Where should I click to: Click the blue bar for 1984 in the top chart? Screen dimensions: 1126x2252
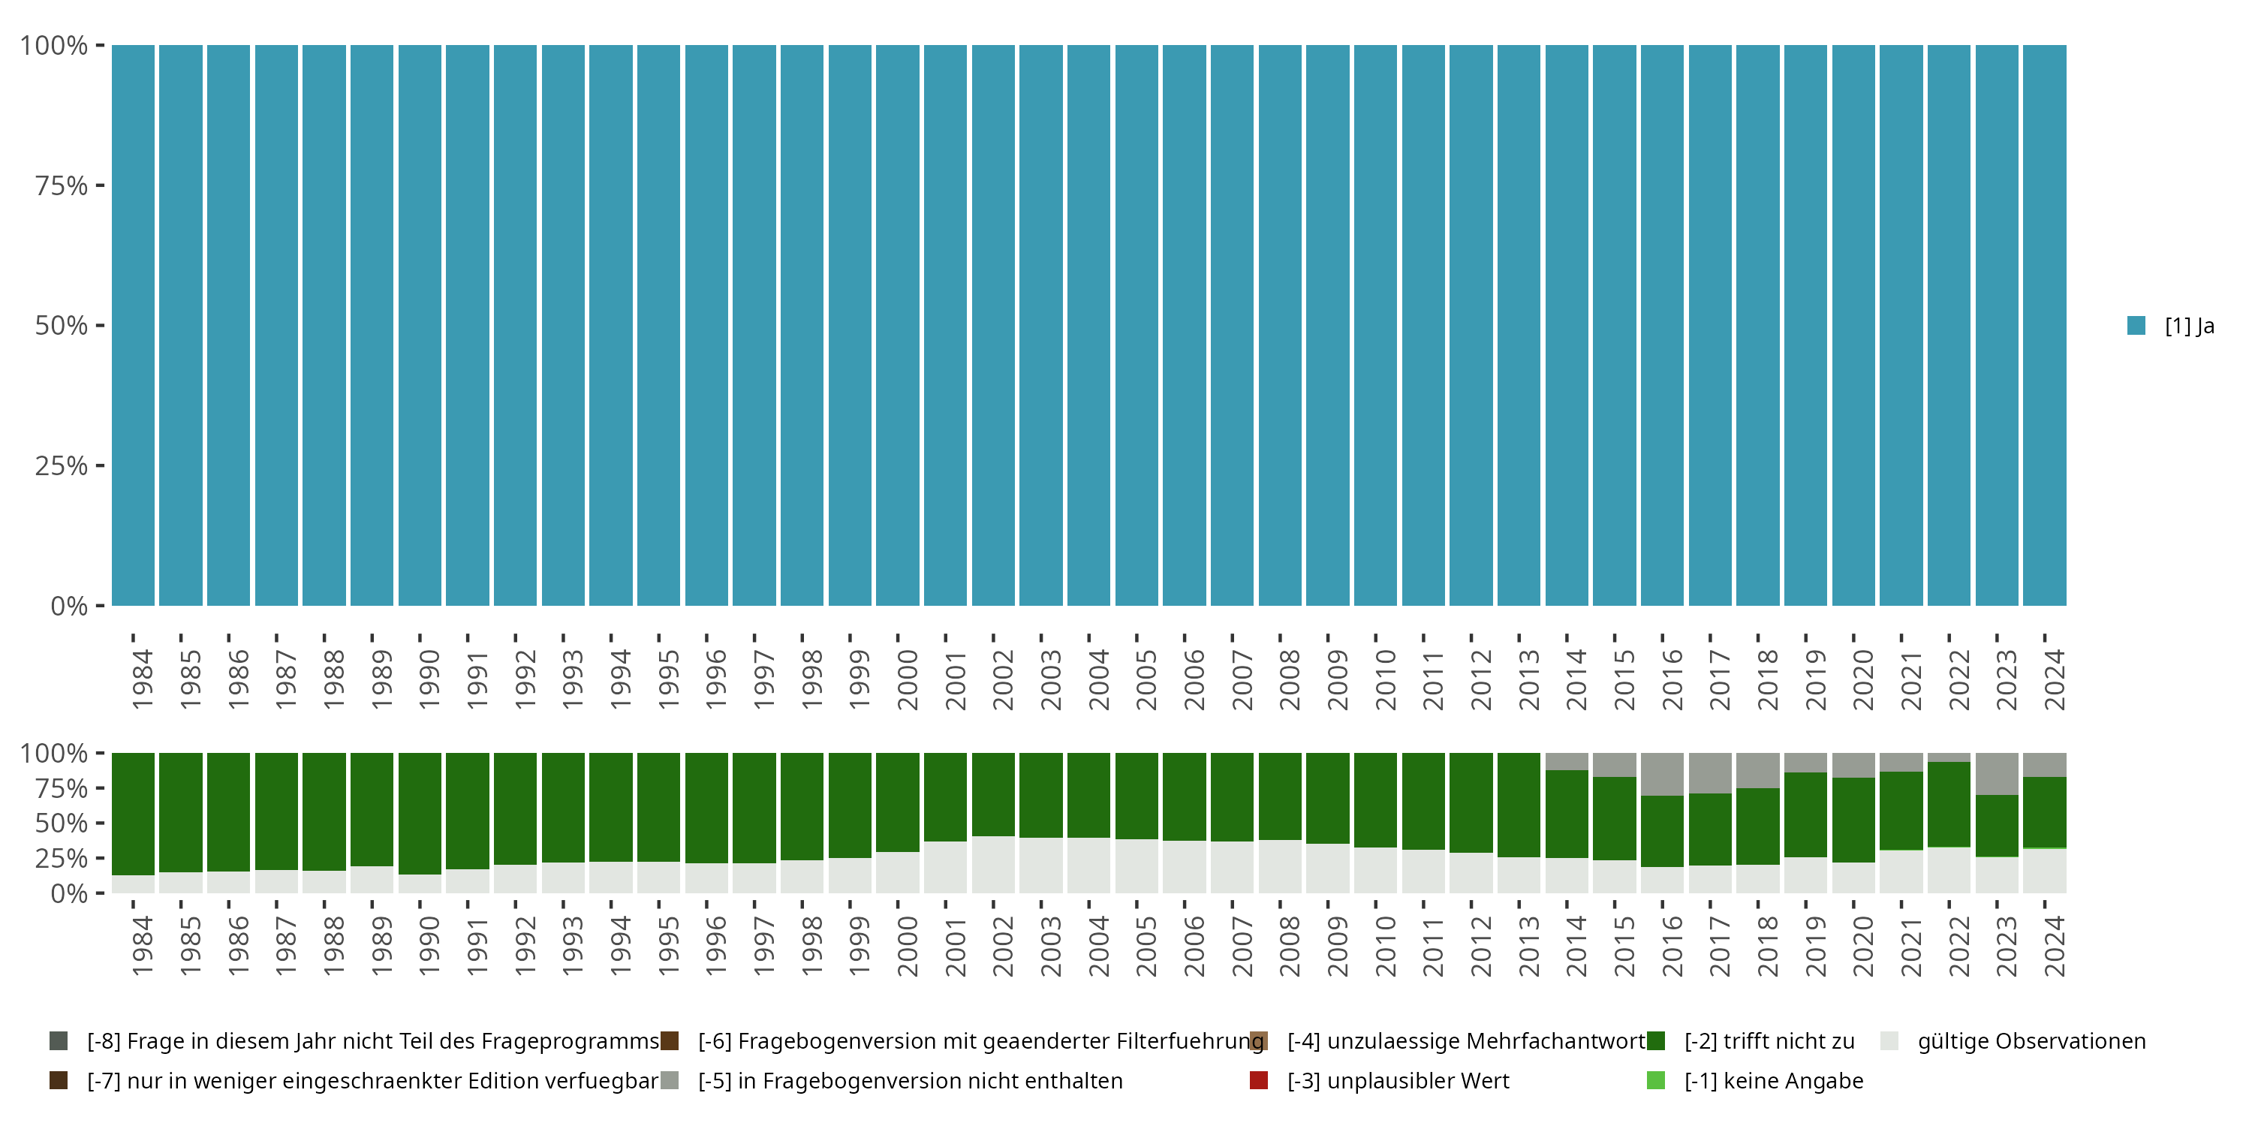coord(133,325)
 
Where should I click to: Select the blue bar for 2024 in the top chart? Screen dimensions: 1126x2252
coord(2044,325)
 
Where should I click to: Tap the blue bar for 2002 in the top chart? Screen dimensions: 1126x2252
coord(993,325)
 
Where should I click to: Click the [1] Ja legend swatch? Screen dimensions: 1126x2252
coord(2136,325)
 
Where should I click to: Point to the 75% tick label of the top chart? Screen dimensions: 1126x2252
coord(62,185)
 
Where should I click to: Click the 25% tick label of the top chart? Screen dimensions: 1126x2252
coord(62,466)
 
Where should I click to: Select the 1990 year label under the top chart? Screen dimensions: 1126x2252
coord(429,679)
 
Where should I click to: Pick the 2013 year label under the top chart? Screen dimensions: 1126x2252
coord(1528,679)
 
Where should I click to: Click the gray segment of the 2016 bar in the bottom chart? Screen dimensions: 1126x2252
coord(1662,774)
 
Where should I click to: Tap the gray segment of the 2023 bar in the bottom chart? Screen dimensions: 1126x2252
coord(1997,774)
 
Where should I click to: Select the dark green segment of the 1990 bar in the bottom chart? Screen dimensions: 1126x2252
coord(420,813)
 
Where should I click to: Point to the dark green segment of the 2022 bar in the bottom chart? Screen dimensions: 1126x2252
coord(1949,804)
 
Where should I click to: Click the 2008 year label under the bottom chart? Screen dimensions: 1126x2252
coord(1289,946)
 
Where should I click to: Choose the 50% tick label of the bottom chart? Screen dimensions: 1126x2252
coord(62,823)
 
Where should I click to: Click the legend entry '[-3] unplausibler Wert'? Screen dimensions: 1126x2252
coord(1397,1080)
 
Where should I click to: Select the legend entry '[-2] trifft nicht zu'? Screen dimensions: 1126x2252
coord(1768,1041)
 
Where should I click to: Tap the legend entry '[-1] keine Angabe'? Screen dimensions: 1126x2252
coord(1773,1080)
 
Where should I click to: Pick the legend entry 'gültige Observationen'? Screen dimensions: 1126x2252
coord(2030,1041)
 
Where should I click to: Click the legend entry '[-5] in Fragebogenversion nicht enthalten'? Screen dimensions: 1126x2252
coord(909,1080)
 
